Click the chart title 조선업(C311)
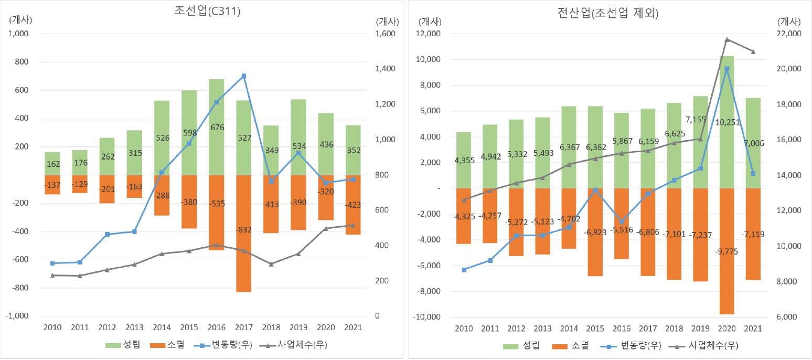[x=207, y=12]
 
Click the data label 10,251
[x=726, y=122]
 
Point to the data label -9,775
[x=726, y=252]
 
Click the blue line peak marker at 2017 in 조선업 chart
[x=243, y=76]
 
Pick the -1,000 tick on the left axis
[x=19, y=316]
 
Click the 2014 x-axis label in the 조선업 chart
[x=162, y=327]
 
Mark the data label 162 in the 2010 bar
[x=52, y=164]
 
